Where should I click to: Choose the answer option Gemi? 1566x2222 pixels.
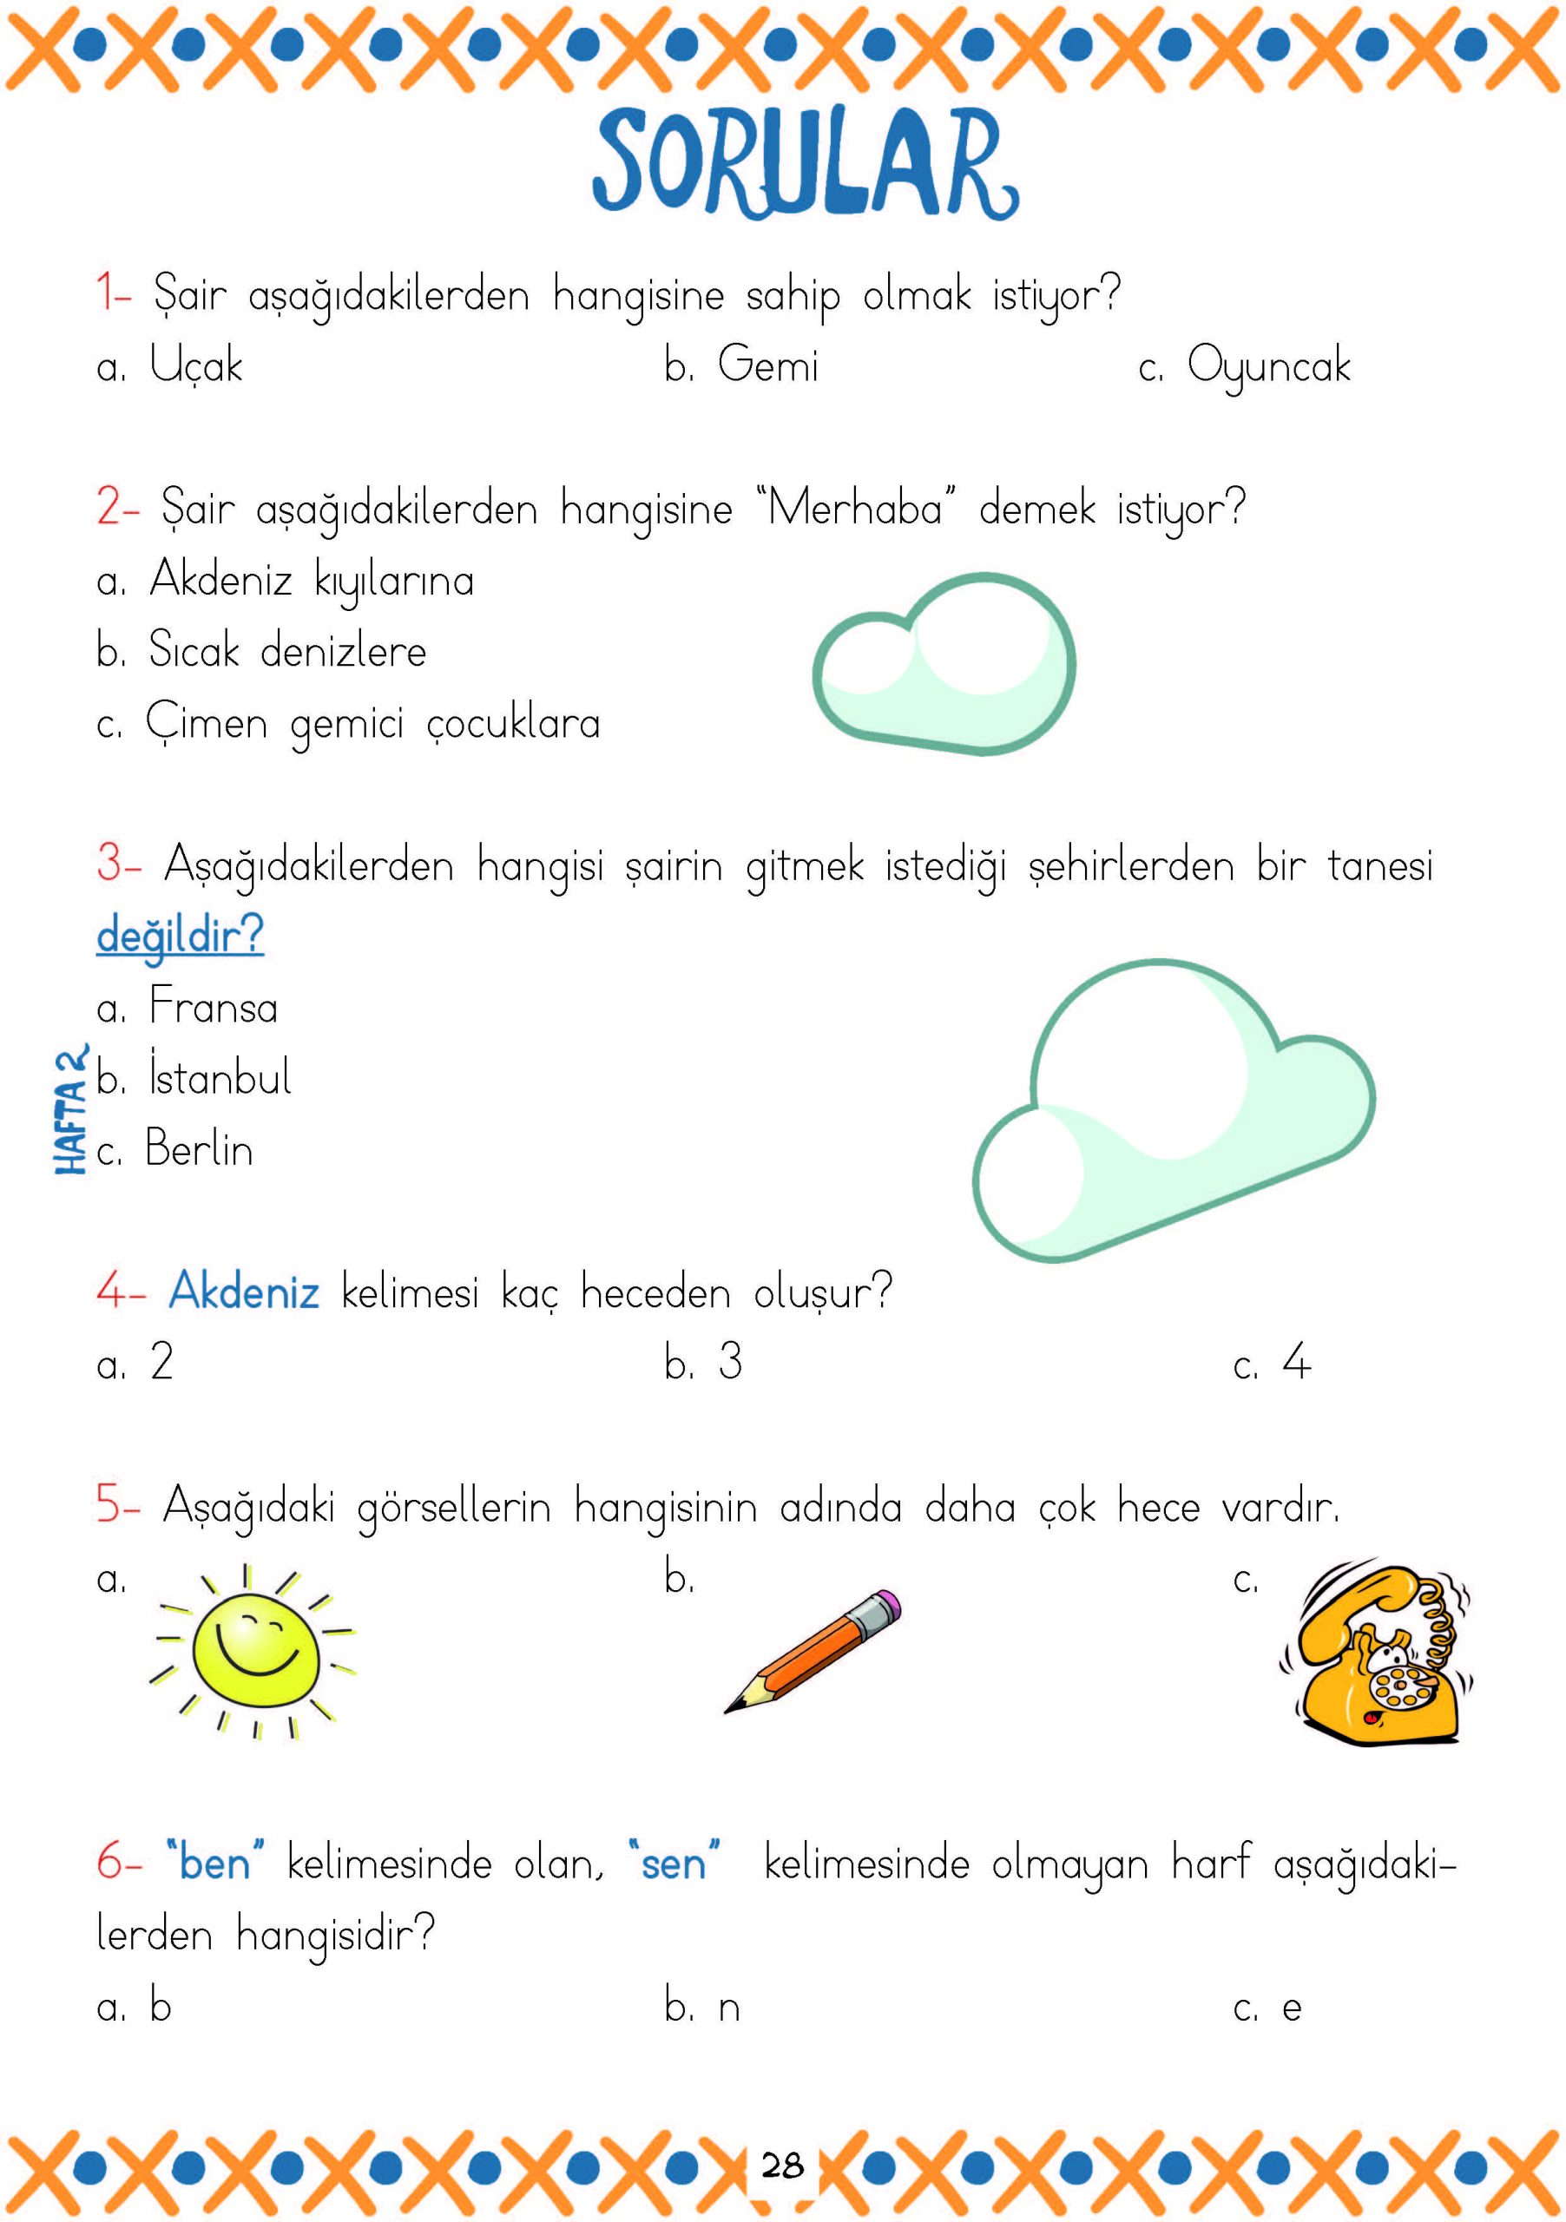[767, 365]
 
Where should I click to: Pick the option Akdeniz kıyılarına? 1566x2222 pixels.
[310, 581]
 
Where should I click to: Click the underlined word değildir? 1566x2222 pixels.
[180, 935]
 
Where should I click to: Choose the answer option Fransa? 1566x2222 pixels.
[213, 1007]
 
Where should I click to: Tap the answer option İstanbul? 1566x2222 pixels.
[219, 1077]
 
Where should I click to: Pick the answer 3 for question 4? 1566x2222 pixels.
[730, 1363]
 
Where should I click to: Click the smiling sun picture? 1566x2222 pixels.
[253, 1651]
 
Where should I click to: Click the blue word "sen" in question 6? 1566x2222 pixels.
[674, 1863]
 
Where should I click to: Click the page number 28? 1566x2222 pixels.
[782, 2164]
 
